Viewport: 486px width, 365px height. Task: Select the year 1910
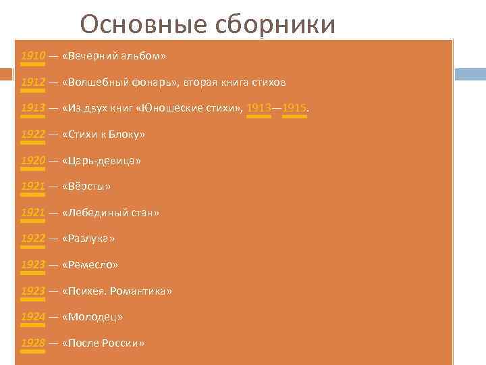pyautogui.click(x=33, y=56)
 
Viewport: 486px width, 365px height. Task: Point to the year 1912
pyautogui.click(x=33, y=82)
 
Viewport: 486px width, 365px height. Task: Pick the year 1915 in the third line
pyautogui.click(x=294, y=108)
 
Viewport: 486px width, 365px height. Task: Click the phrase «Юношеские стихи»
pyautogui.click(x=202, y=108)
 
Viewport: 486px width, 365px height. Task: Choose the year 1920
pyautogui.click(x=33, y=161)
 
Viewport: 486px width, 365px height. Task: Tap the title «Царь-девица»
pyautogui.click(x=101, y=161)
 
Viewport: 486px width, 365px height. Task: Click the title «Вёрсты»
pyautogui.click(x=86, y=187)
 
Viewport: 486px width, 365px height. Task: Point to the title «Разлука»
pyautogui.click(x=88, y=239)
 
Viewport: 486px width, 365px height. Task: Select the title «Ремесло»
pyautogui.click(x=90, y=265)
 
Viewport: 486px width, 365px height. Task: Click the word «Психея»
pyautogui.click(x=86, y=291)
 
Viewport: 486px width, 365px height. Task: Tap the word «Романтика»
pyautogui.click(x=142, y=291)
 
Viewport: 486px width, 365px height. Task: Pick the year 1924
pyautogui.click(x=33, y=317)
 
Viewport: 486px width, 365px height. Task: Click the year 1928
pyautogui.click(x=33, y=343)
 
